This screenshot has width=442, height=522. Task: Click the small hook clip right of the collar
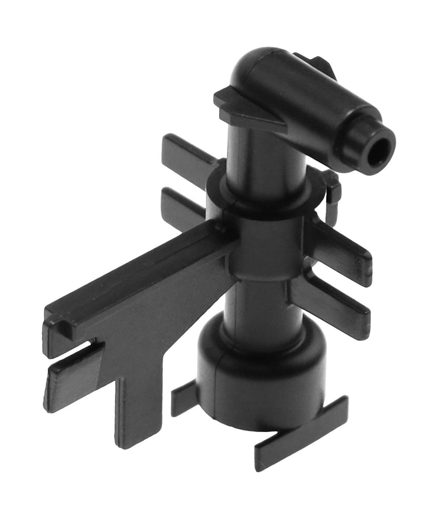(333, 188)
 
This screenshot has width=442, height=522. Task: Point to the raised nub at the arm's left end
(63, 324)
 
